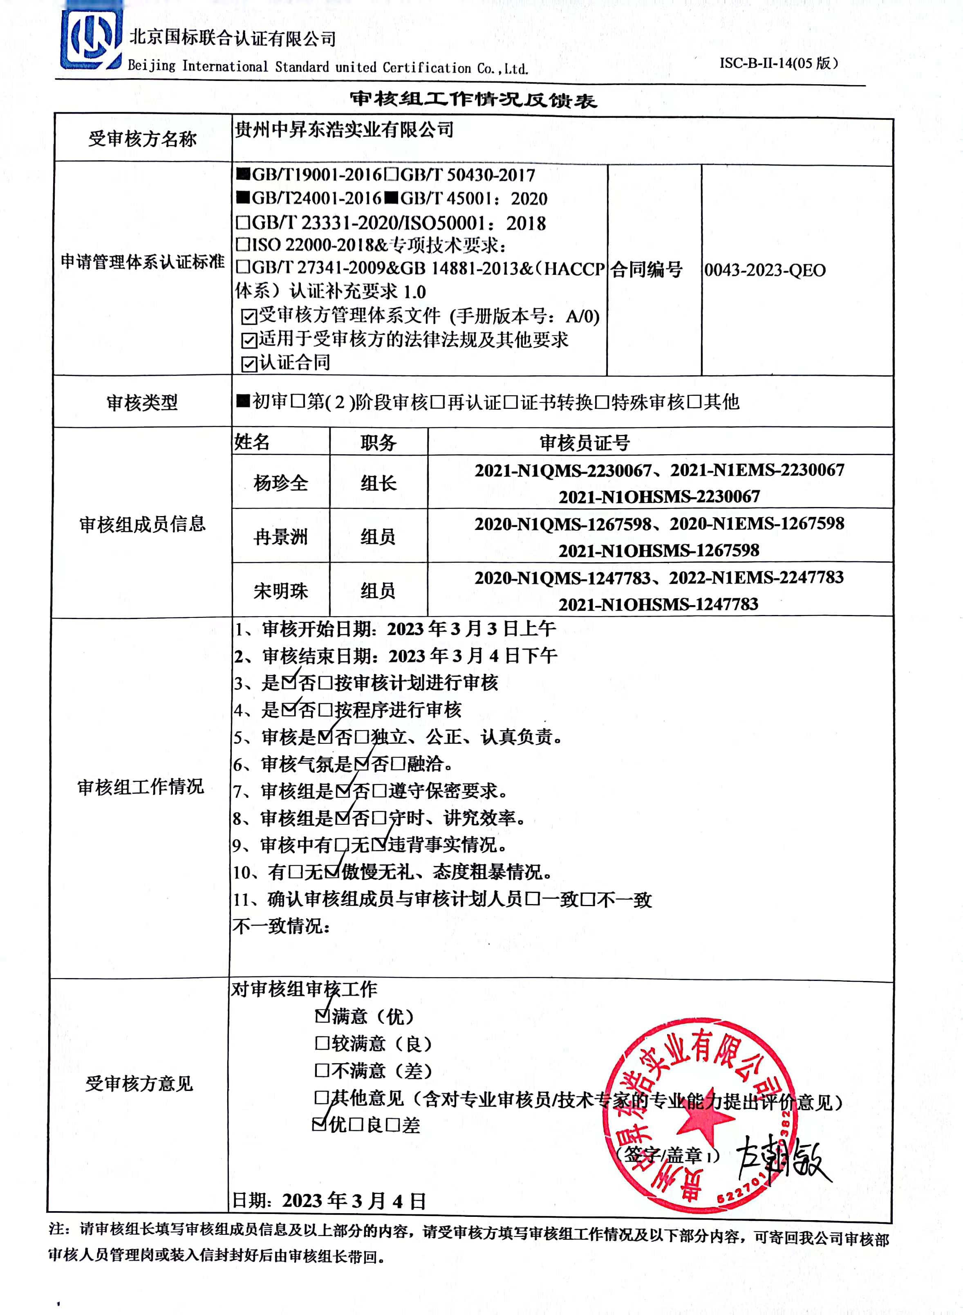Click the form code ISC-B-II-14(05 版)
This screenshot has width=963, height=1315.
pyautogui.click(x=778, y=63)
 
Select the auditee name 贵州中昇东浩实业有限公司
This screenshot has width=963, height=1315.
pyautogui.click(x=344, y=130)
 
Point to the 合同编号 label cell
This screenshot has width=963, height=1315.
pyautogui.click(x=647, y=270)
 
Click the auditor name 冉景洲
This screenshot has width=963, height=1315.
pyautogui.click(x=280, y=536)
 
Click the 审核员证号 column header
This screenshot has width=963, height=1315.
pyautogui.click(x=585, y=442)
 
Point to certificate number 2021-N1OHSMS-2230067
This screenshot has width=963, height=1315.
pyautogui.click(x=659, y=497)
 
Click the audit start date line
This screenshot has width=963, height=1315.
pyautogui.click(x=395, y=628)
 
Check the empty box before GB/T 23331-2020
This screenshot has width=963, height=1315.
pyautogui.click(x=242, y=223)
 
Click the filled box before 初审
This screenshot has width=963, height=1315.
pyautogui.click(x=242, y=401)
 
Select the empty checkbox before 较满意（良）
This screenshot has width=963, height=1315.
pyautogui.click(x=322, y=1043)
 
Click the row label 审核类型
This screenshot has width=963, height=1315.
pyautogui.click(x=142, y=402)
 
